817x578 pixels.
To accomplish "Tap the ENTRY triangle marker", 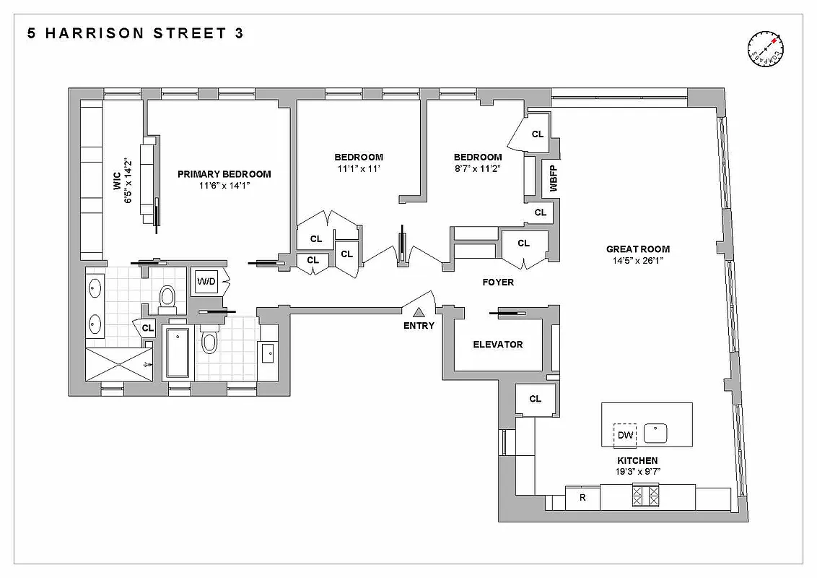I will tap(419, 312).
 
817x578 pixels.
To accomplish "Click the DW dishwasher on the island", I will tap(625, 435).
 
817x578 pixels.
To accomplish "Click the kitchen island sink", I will tap(655, 433).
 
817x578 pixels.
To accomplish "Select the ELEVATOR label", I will tap(497, 345).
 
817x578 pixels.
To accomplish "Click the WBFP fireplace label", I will tap(554, 177).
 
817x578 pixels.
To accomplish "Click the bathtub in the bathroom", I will tap(177, 353).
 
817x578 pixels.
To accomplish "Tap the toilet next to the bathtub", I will tap(209, 340).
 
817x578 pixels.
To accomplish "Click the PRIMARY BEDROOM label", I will tap(224, 173).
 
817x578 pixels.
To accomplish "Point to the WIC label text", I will tap(117, 185).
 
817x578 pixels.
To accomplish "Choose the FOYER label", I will tap(498, 282).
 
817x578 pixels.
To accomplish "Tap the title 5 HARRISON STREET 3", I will tap(135, 33).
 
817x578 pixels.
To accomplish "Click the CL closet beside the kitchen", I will tap(535, 399).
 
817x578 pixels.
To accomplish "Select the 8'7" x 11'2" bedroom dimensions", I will tap(477, 168).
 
